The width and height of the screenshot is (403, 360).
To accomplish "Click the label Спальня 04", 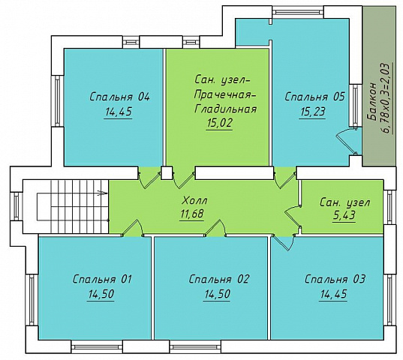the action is [x=119, y=97].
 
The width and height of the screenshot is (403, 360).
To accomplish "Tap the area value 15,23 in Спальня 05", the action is [x=312, y=112].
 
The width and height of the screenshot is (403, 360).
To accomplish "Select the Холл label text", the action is [x=194, y=200].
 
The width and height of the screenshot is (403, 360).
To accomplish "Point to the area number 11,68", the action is [x=191, y=214].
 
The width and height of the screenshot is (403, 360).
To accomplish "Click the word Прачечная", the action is [x=225, y=94].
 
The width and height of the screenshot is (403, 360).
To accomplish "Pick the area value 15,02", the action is [x=219, y=123].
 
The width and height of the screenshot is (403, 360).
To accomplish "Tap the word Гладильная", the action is [x=225, y=109].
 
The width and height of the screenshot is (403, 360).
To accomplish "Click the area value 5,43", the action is [x=344, y=215].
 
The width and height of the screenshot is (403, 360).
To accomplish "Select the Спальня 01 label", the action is [x=102, y=279].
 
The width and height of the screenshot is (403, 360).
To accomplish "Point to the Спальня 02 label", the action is [x=218, y=279].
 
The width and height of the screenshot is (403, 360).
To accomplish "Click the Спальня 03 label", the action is [x=335, y=279].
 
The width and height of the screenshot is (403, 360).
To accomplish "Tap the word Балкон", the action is [x=372, y=102].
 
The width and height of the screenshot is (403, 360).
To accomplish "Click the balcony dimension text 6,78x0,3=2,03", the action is [x=386, y=98].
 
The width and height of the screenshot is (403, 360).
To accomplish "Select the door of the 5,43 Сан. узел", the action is [x=293, y=216].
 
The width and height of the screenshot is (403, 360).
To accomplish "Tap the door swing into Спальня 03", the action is [x=283, y=242].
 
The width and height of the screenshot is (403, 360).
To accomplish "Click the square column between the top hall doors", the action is [x=167, y=172].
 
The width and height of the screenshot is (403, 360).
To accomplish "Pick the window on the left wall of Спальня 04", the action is [x=57, y=101].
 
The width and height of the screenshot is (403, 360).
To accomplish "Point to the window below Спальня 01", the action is [x=97, y=347].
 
